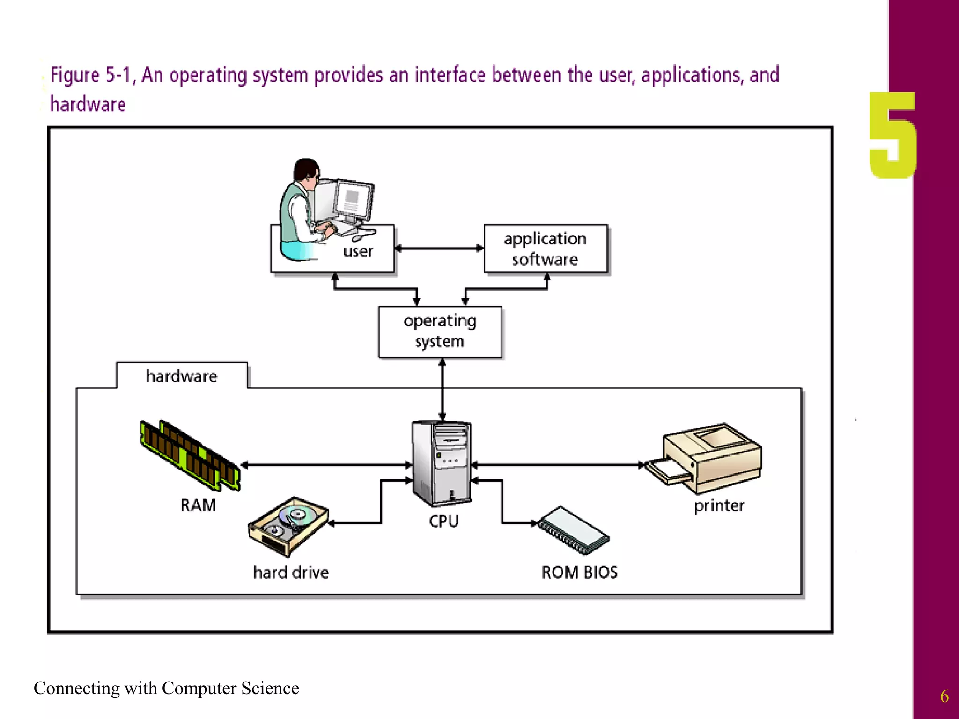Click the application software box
coord(545,249)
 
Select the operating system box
coord(440,331)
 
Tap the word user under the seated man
coord(358,252)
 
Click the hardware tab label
coord(182,376)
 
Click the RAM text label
coord(198,506)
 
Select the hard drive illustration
coord(288,525)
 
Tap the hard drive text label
coord(291,572)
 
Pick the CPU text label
coord(443,521)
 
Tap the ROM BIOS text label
coord(579,572)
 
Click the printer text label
coord(719,506)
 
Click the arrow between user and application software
coord(439,249)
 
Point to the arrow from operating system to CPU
coord(442,389)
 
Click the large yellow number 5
coord(892,135)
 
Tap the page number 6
coord(944,696)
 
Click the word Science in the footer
coord(270,688)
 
